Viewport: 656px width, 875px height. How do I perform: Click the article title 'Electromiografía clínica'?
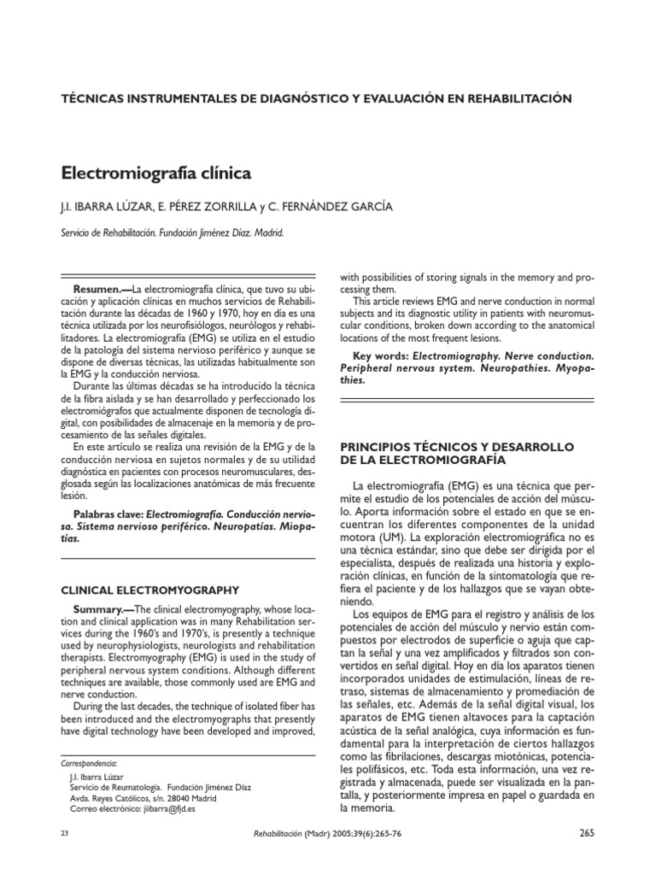click(156, 173)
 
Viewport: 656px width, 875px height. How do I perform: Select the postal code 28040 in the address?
click(190, 796)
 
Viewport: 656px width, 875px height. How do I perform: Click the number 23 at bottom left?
click(67, 833)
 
